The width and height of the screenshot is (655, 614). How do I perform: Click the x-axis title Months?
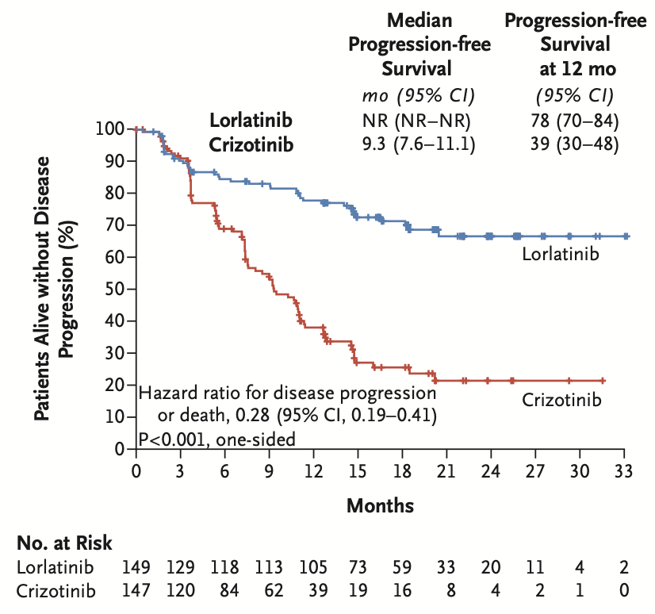[380, 505]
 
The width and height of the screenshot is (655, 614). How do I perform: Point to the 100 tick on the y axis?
[109, 129]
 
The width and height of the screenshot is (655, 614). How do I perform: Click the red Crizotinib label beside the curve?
[561, 400]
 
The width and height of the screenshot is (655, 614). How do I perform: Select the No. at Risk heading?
[64, 543]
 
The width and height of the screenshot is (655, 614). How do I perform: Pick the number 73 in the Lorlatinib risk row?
[358, 568]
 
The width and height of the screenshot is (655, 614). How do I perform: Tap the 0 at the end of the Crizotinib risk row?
[625, 590]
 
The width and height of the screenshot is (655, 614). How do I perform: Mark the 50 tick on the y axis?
[113, 289]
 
